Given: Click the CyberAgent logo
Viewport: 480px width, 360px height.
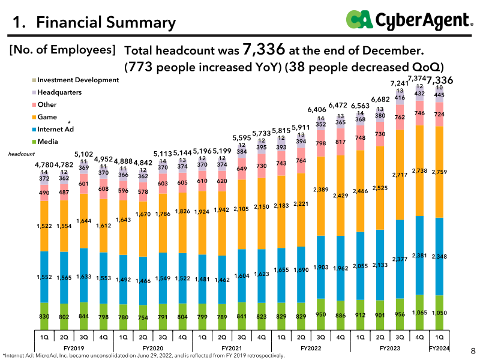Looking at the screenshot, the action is pos(409,20).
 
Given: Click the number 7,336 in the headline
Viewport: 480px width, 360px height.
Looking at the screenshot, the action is pos(264,49).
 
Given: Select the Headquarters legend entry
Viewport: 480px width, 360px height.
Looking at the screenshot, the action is pos(56,92).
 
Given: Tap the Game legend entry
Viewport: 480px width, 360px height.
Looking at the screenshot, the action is pos(44,117).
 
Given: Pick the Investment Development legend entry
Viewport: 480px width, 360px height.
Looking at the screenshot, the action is pos(76,80).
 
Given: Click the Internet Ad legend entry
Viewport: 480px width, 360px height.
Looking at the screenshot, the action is pos(53,129).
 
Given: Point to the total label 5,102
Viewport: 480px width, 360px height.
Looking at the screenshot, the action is pos(83,155).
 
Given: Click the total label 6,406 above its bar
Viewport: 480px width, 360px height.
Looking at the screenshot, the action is pos(317,110).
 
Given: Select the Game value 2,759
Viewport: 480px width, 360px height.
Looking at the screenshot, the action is pos(439,172).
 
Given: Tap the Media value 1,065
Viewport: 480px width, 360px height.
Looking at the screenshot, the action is pos(419,313).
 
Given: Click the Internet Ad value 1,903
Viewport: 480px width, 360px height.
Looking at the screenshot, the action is pos(321,267).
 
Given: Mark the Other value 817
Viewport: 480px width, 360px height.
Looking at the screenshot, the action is pos(340,142).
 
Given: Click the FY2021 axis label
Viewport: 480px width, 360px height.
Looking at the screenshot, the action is pos(232,349).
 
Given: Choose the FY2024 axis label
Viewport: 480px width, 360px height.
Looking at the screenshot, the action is pos(439,349).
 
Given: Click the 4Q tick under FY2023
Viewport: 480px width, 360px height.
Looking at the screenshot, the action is pos(419,337).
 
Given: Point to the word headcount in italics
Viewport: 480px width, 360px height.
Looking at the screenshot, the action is pos(22,154).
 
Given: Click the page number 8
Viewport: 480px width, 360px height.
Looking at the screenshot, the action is pos(473,351).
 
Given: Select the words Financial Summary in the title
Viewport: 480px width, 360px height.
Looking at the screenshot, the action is pos(106,22).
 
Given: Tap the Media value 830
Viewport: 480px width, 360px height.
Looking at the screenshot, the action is pos(44,317).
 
